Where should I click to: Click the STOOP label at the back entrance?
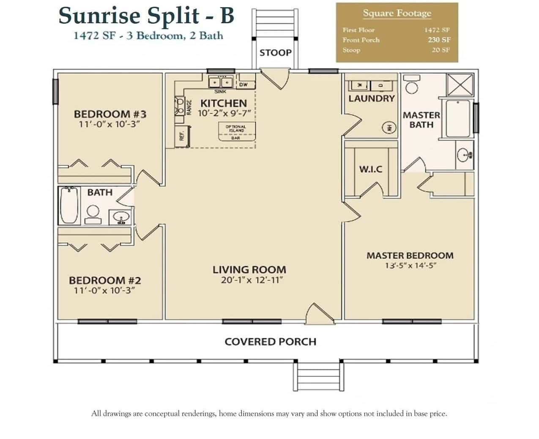(x=275, y=53)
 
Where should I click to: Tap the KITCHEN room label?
(x=223, y=103)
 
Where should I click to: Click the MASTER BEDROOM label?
(x=410, y=256)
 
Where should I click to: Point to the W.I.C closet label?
(x=370, y=169)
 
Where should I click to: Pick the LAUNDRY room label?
(x=371, y=98)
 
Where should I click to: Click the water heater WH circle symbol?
(x=389, y=127)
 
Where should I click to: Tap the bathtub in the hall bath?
(x=69, y=205)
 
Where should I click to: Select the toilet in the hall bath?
(x=93, y=214)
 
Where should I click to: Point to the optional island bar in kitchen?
(x=235, y=131)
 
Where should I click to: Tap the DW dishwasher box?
(x=244, y=85)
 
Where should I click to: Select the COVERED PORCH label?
(x=270, y=341)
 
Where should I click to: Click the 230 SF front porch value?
(x=439, y=40)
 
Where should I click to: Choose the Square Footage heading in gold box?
(x=397, y=14)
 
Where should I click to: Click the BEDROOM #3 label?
(x=110, y=114)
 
